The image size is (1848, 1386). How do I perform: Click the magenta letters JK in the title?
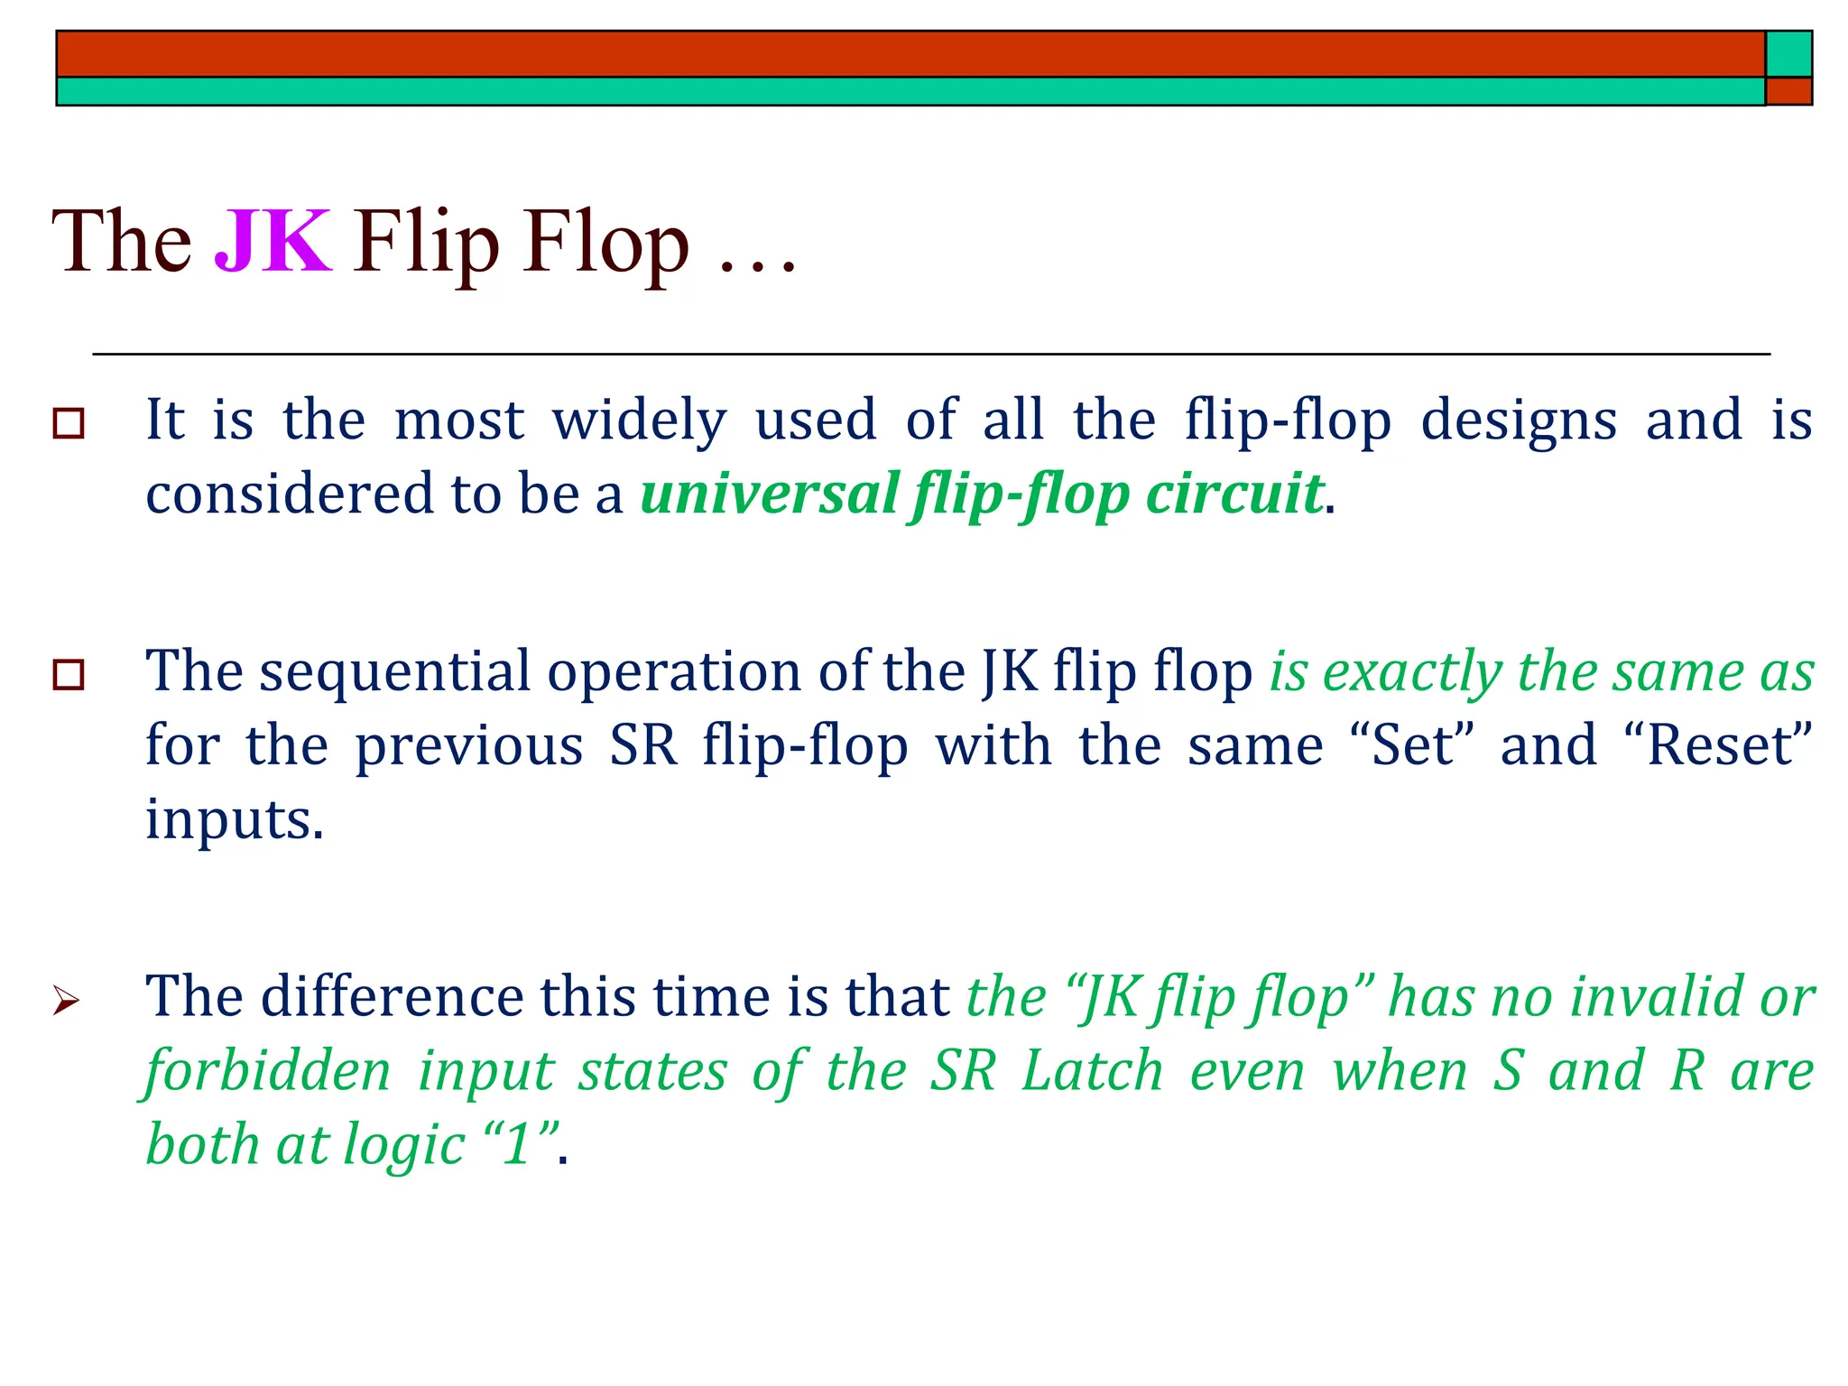(x=273, y=241)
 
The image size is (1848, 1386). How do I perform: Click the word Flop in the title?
(x=606, y=241)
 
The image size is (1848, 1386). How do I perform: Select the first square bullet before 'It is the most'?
(x=69, y=423)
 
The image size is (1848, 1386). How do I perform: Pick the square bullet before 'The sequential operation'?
(x=69, y=675)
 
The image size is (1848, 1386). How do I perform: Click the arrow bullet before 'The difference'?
(x=66, y=1001)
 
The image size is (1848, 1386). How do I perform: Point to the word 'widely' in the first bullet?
(x=639, y=420)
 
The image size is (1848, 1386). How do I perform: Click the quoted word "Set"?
(x=1413, y=746)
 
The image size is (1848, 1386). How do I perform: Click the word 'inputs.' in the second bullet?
(x=235, y=819)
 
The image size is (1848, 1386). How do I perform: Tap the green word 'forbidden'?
(x=269, y=1071)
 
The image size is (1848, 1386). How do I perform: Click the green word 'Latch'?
(x=1092, y=1071)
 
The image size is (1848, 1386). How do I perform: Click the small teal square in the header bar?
(x=1788, y=54)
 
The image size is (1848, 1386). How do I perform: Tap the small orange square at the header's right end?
(x=1788, y=91)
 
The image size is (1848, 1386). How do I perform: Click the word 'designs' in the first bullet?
(x=1519, y=420)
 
